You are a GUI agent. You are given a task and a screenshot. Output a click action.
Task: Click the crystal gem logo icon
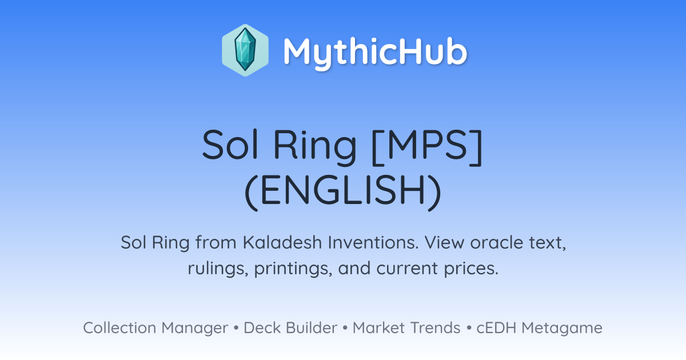pos(245,50)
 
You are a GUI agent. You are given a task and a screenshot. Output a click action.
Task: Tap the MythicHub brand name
pos(375,52)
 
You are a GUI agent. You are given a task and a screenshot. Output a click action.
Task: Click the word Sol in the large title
pos(230,145)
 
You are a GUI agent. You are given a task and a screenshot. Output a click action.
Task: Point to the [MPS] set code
pos(427,147)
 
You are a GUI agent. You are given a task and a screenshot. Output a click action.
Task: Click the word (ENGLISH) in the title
pos(342,192)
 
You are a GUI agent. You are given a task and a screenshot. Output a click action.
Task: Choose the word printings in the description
pos(293,269)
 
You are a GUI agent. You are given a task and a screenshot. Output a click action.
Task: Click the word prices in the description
pos(471,269)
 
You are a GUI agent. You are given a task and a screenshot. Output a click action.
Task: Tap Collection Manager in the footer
pos(155,328)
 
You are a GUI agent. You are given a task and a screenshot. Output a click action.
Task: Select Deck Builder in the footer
pos(290,328)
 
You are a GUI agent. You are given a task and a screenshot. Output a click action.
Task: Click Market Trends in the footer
pos(406,328)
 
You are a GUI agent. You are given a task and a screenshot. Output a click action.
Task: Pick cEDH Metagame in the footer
pos(539,328)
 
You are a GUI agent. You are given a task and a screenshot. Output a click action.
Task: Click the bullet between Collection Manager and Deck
pos(236,328)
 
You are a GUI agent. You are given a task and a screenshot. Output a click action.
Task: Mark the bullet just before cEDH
pos(469,328)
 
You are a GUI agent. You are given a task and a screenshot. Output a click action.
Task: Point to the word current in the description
pos(407,269)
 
